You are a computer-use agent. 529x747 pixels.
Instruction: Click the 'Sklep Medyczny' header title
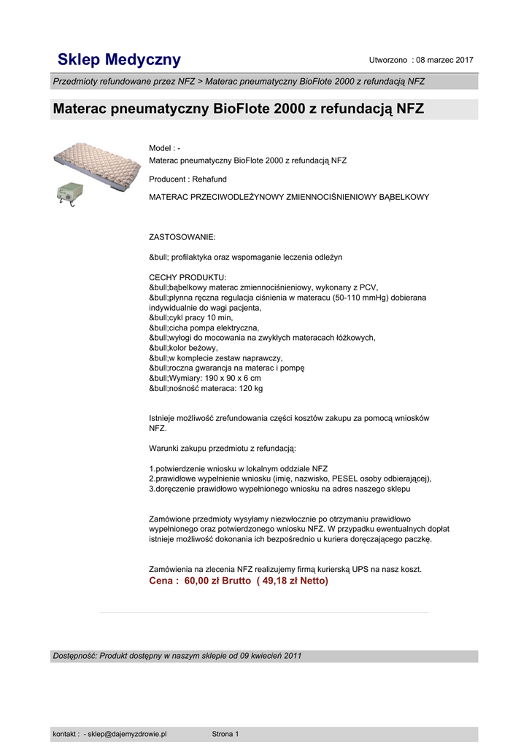(119, 60)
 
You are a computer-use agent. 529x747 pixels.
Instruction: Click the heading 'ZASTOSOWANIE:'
(182, 237)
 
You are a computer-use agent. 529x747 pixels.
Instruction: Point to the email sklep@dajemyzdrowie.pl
(128, 734)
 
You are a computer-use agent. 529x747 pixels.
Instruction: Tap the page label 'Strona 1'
(225, 734)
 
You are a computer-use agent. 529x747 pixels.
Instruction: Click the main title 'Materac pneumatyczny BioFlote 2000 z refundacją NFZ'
(238, 109)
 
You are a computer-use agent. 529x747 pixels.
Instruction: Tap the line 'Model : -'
(165, 148)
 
